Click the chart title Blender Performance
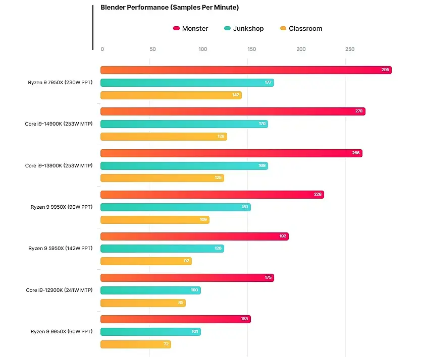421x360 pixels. click(170, 8)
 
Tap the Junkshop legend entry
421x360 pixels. click(244, 29)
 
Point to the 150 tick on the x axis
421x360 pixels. click(252, 49)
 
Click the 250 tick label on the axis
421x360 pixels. click(350, 49)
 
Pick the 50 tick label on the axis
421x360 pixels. click(152, 49)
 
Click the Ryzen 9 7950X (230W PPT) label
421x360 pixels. click(60, 83)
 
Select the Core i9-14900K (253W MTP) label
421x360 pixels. click(59, 124)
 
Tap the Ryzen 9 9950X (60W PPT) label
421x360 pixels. click(61, 332)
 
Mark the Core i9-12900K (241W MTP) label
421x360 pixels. click(59, 290)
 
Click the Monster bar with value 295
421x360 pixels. click(246, 70)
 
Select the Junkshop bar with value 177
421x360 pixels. click(187, 83)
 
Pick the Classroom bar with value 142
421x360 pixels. click(171, 95)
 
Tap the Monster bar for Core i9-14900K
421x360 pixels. click(233, 111)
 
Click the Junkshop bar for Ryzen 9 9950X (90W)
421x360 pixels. click(175, 207)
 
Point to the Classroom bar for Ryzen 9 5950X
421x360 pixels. click(146, 261)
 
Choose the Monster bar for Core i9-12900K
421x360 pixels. click(187, 278)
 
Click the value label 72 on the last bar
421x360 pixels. click(165, 344)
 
